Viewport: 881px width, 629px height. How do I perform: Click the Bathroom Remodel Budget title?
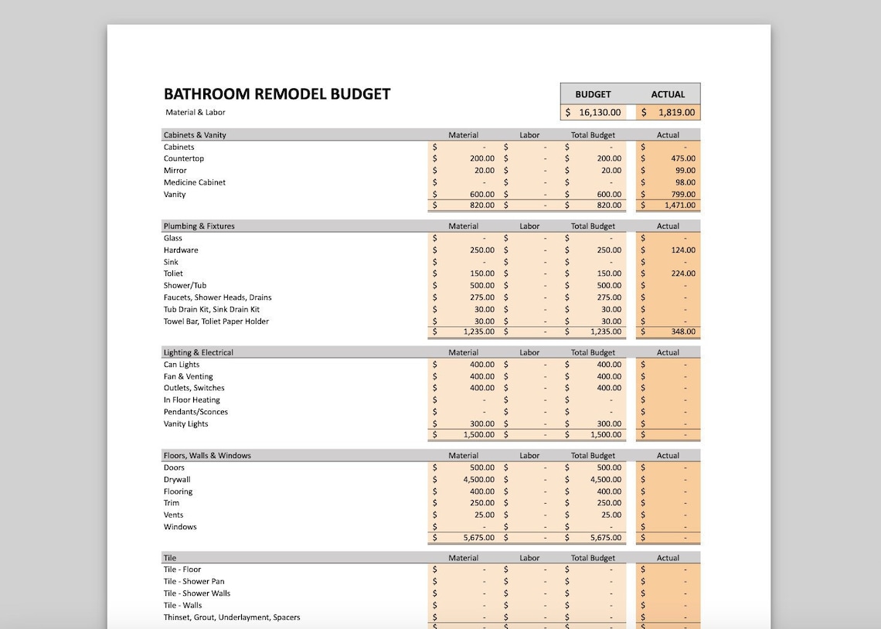pos(277,94)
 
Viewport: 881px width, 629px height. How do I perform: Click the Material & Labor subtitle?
pos(195,113)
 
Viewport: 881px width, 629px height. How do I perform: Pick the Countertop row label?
pos(184,158)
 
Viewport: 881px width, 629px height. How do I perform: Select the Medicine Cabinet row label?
pos(195,182)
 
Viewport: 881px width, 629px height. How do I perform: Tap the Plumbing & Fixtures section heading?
pos(199,226)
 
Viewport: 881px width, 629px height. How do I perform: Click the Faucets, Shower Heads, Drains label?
pos(217,297)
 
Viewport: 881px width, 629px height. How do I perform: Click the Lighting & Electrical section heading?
pos(198,352)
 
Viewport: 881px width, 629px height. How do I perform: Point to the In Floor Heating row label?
pos(192,400)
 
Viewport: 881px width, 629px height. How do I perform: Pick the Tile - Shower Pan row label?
pos(194,582)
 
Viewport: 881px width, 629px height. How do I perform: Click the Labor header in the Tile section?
pos(529,558)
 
